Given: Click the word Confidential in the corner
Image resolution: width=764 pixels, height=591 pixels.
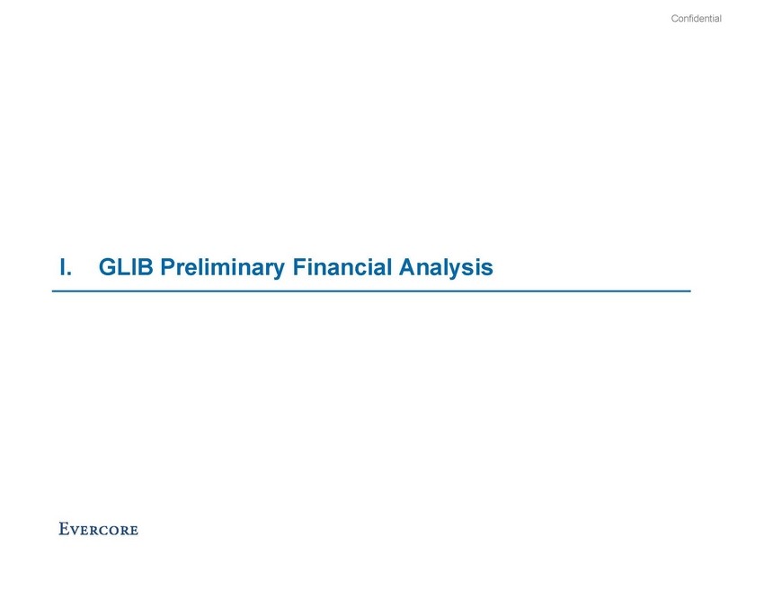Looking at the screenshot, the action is [696, 19].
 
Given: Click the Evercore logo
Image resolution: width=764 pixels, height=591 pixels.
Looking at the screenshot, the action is [99, 529].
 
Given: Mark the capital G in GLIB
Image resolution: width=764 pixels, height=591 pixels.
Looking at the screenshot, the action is [108, 267].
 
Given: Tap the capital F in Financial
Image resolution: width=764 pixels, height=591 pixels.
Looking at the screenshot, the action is [299, 267].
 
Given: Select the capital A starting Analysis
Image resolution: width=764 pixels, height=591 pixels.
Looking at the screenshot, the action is [407, 267].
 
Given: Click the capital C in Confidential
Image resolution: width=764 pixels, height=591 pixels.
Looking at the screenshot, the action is [675, 19].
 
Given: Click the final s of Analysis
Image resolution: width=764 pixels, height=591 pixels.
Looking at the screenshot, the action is [487, 270].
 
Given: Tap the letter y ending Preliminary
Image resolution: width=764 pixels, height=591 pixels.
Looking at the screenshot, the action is [279, 272].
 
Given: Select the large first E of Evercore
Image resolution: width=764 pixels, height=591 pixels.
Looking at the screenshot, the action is [64, 529].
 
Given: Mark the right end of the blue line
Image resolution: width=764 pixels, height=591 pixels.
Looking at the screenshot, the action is [690, 291].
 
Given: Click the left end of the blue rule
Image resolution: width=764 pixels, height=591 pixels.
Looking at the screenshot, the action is [53, 291].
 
